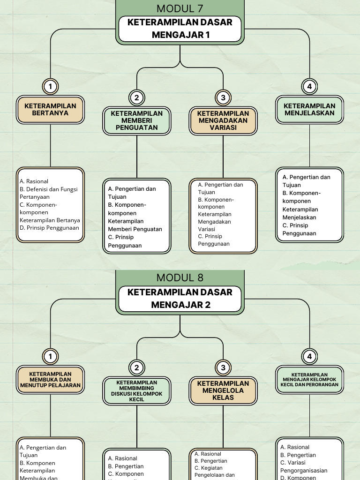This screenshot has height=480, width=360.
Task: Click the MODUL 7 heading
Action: (180, 8)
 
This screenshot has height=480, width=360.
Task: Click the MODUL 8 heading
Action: (180, 277)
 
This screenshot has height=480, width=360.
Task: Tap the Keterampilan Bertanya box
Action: (50, 110)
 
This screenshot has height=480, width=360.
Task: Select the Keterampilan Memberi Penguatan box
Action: (137, 120)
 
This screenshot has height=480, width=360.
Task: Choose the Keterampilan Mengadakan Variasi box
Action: (223, 120)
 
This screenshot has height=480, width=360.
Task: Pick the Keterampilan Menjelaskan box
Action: (309, 110)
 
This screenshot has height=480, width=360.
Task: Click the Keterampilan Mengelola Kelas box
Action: (223, 390)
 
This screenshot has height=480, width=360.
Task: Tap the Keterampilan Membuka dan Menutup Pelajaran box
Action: (50, 380)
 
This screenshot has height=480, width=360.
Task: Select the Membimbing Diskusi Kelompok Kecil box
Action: (137, 390)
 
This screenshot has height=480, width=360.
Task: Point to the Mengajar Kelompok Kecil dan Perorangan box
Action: (309, 380)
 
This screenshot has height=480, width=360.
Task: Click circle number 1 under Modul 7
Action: (50, 86)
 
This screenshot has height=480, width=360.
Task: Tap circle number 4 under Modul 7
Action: (309, 86)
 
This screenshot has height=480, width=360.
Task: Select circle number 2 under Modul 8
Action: (137, 367)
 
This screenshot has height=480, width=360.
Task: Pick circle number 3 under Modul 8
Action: (223, 367)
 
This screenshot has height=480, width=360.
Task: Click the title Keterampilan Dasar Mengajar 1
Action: (180, 29)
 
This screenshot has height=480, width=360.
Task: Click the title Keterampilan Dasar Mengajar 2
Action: (180, 299)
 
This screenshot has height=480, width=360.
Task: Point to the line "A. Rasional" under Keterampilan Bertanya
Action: (34, 181)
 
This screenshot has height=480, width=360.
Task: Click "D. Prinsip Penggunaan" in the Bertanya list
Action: (49, 228)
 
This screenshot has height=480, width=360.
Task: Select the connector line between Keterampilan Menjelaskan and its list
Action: (309, 145)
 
